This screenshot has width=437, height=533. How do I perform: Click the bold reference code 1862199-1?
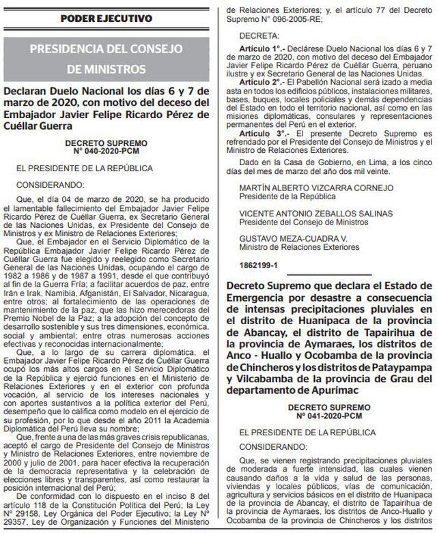click(x=259, y=263)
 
